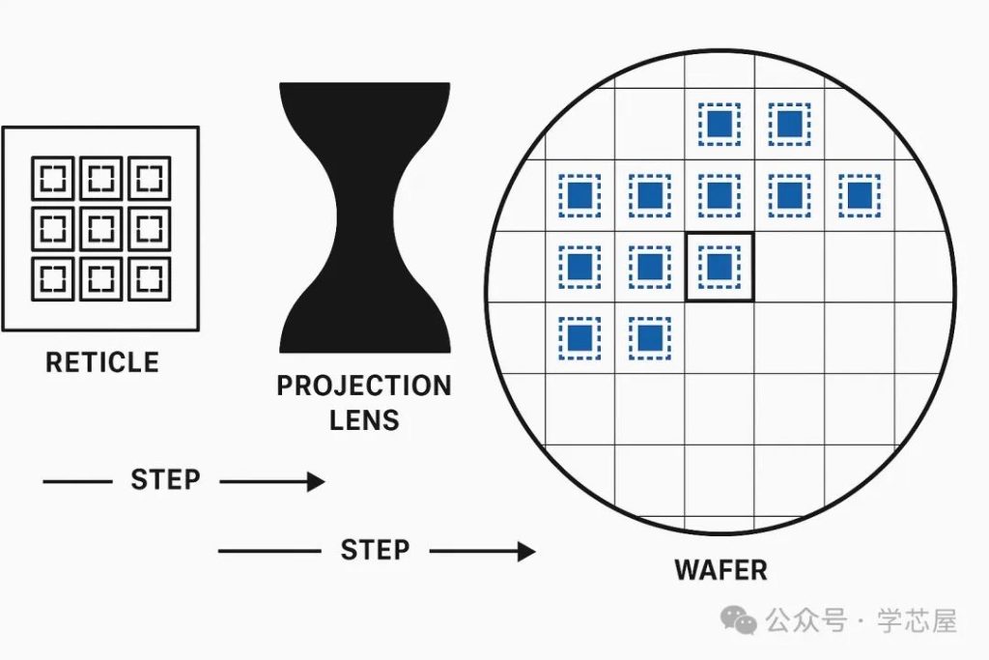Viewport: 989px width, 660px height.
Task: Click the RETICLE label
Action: tap(102, 362)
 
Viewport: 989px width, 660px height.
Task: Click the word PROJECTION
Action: tap(364, 386)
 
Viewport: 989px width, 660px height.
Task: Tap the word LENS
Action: tap(364, 419)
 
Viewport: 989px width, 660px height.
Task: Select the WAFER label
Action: tap(721, 570)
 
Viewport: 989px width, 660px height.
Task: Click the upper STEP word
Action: tap(165, 479)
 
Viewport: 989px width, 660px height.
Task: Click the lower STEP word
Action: tap(375, 550)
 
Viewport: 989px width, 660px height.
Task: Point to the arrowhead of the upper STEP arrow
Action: tap(316, 481)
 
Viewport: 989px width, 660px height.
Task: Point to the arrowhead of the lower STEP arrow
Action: tap(526, 552)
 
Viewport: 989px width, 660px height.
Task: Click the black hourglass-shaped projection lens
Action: tap(364, 217)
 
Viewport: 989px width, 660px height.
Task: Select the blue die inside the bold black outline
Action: tap(720, 267)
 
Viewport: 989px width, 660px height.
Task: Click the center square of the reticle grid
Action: tap(100, 228)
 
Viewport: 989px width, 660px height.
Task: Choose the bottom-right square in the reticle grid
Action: tap(150, 278)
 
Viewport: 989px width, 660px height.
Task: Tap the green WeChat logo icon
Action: tap(739, 619)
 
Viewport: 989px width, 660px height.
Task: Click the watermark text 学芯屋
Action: tap(918, 621)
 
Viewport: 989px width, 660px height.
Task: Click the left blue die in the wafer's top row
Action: tap(720, 125)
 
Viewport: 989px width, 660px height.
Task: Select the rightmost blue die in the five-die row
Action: tap(860, 195)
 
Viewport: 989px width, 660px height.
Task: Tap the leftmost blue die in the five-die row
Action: tap(579, 195)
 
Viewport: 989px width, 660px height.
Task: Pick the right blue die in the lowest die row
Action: tap(650, 337)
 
